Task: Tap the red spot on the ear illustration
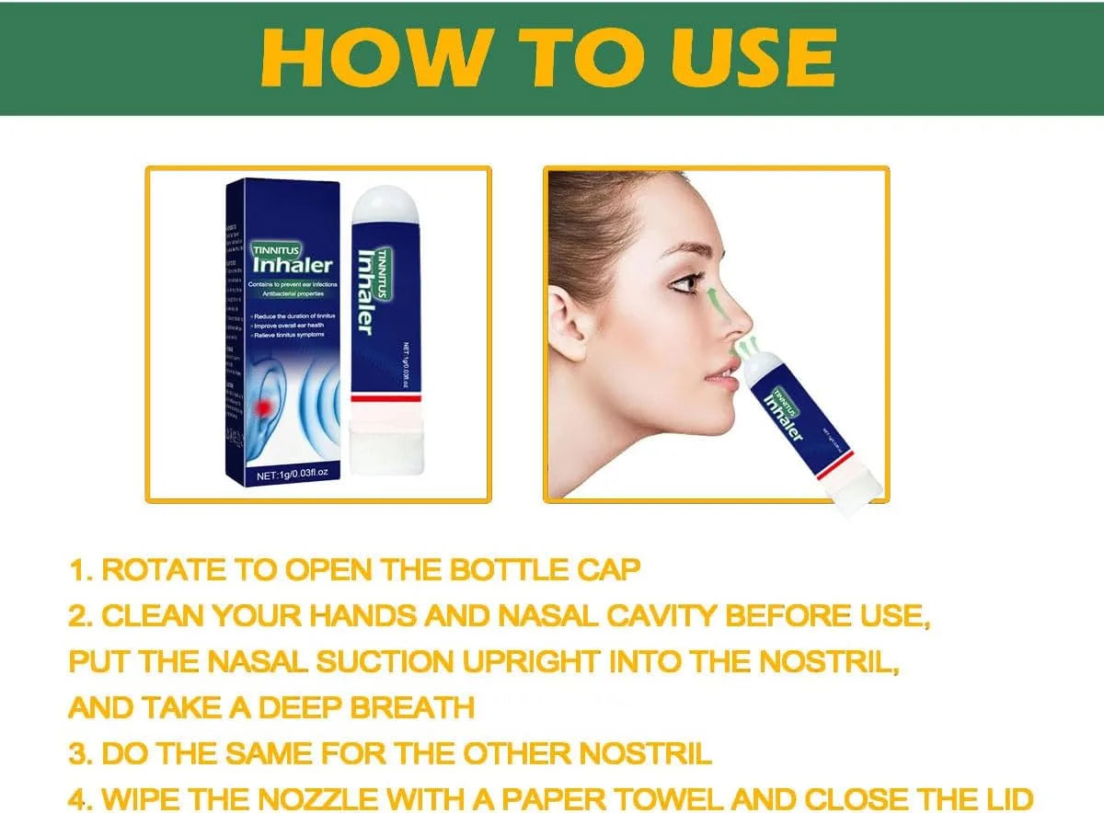(265, 406)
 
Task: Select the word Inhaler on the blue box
(286, 267)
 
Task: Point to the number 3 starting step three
(77, 753)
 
